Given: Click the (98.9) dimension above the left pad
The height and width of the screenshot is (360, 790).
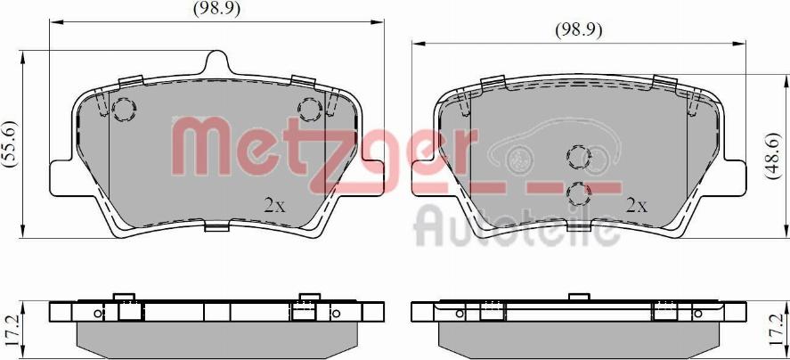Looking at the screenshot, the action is (x=217, y=9).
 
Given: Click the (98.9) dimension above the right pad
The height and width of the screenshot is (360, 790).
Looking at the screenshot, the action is (x=579, y=31).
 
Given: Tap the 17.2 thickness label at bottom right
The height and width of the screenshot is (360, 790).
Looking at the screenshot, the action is (x=778, y=328).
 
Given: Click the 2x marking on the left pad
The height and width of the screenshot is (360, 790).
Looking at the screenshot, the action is (x=274, y=205).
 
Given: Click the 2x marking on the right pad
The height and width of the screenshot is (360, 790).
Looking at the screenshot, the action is (x=636, y=205).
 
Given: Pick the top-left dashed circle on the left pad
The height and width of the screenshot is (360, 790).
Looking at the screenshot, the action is (x=124, y=110).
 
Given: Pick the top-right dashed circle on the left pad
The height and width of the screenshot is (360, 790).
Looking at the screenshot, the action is (x=310, y=110).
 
